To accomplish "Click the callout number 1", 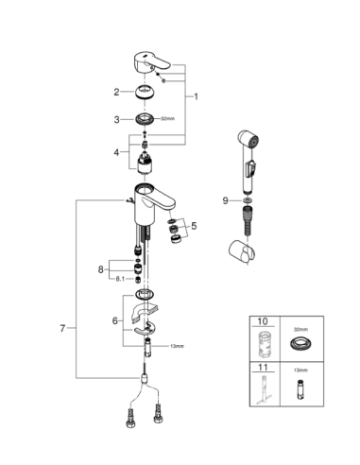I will (x=196, y=96).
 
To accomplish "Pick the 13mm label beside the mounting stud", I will (x=177, y=346).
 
